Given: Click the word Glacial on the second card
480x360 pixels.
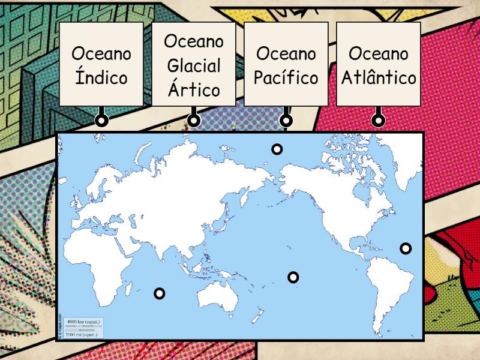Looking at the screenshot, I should point(194,65).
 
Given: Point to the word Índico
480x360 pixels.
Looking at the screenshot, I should point(101,77).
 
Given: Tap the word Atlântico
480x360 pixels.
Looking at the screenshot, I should point(378,77).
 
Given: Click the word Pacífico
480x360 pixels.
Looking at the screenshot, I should point(286,77).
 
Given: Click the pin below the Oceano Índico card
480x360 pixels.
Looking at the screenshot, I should point(101,120).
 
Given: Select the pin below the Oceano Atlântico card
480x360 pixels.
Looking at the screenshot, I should point(378,120).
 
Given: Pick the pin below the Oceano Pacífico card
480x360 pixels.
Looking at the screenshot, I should point(286,120).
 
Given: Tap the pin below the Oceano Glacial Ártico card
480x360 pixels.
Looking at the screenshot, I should point(194,120).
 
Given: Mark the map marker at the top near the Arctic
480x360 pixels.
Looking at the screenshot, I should point(277,149).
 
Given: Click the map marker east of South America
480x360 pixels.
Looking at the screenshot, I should point(406,248).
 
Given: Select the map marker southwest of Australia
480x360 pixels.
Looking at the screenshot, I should point(159,293).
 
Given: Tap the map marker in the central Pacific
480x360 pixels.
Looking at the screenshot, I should point(293,277).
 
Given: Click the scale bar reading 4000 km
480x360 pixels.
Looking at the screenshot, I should point(83,322).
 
